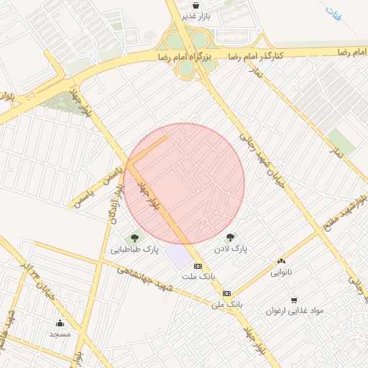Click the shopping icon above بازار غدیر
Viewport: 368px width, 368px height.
[195, 5]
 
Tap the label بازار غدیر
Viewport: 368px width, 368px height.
[195, 16]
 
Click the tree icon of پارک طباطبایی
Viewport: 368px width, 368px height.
[134, 238]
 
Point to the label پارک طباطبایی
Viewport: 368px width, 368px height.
[134, 249]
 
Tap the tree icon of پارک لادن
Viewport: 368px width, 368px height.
[230, 238]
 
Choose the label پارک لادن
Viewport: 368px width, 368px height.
[230, 249]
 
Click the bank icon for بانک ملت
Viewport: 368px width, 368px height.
[198, 266]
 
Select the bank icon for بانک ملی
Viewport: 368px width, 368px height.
[226, 293]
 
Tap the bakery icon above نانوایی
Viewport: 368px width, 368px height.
[281, 262]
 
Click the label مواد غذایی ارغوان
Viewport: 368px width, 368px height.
[295, 311]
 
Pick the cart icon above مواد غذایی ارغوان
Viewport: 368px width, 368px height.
[294, 300]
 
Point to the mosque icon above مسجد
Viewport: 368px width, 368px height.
[59, 323]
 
